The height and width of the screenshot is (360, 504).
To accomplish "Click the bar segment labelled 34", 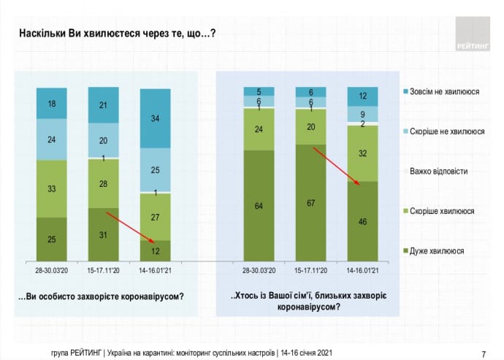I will point(156,118).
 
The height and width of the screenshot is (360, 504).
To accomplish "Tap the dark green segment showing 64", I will point(259,205).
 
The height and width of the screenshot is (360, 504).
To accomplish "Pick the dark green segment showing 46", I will point(362,221).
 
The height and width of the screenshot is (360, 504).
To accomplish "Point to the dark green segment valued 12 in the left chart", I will point(156,250).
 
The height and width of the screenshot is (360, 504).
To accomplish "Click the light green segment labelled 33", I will point(52,188).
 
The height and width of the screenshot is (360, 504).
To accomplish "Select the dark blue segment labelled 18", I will point(52,103).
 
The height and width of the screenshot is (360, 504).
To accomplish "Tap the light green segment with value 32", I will point(362,153).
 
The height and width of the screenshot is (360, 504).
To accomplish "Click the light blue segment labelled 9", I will point(362,114).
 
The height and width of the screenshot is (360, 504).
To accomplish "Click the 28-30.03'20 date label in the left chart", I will point(52,269).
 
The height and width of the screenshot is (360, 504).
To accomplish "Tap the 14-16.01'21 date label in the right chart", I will point(362,269).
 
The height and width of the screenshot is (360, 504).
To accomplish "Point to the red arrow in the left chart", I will point(131,227).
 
